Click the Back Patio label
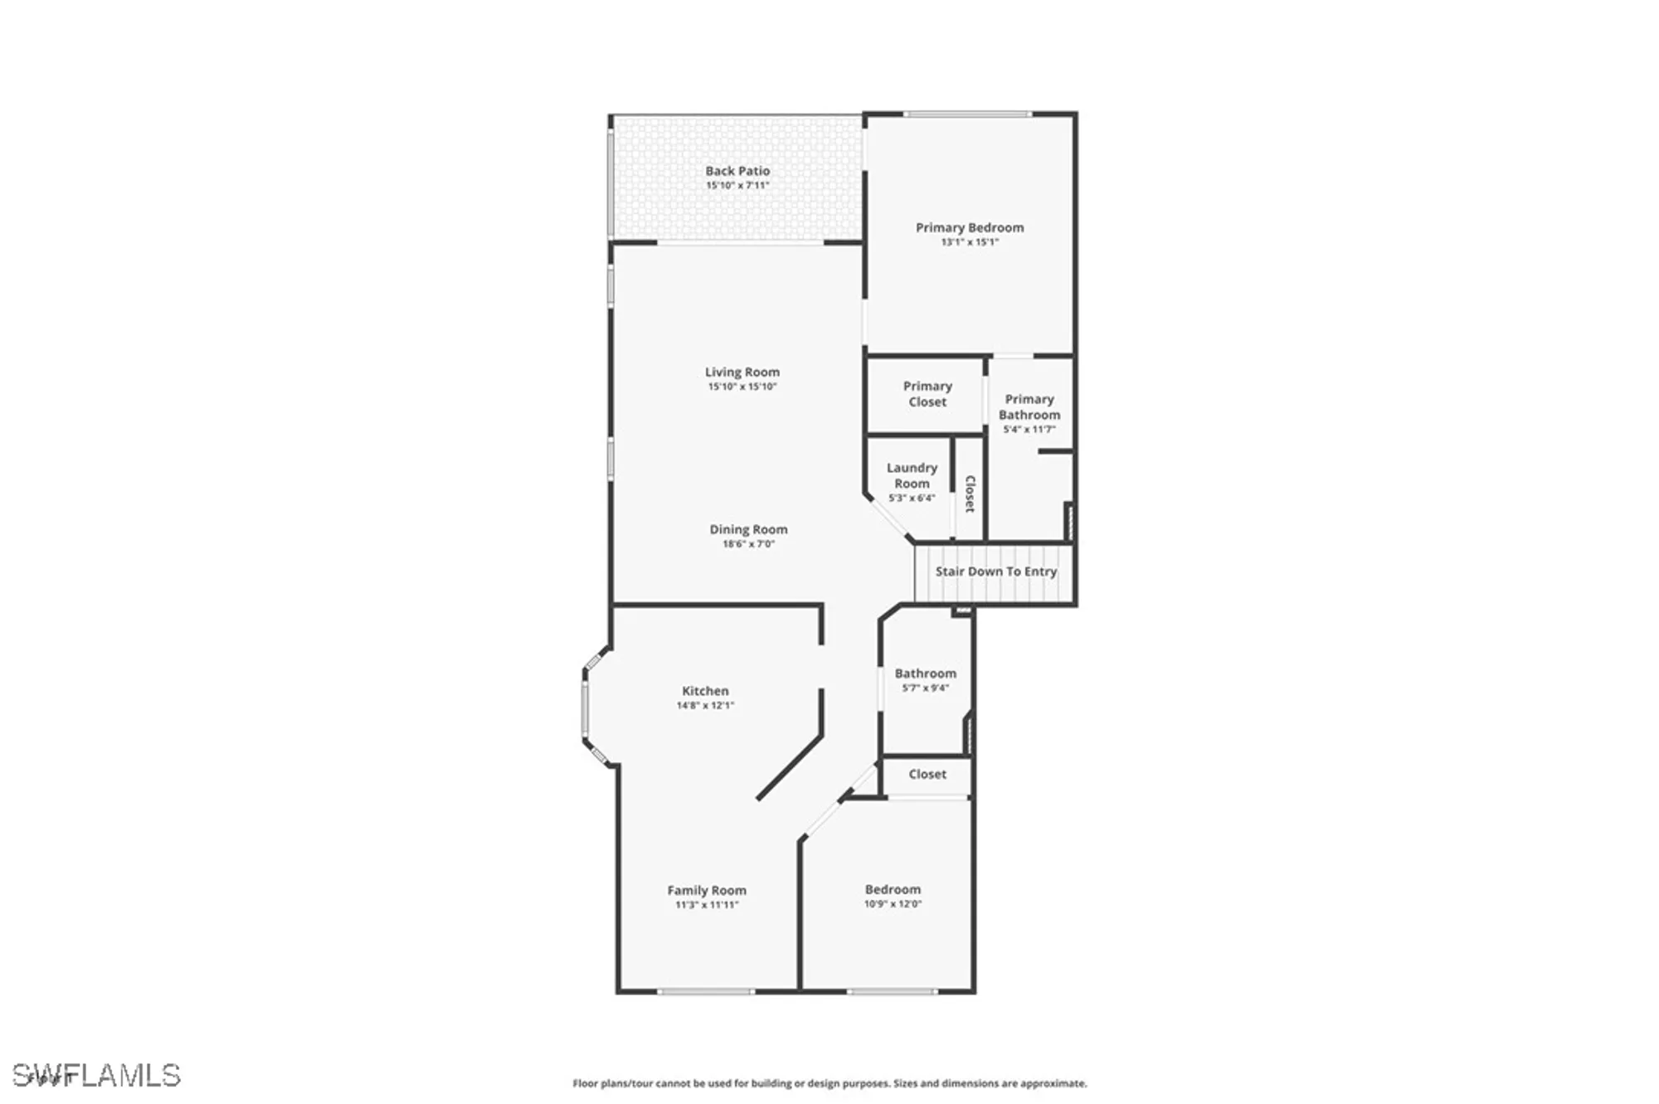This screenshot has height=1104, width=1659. pos(737,171)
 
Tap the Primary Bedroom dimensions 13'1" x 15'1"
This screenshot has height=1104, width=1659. pos(970,242)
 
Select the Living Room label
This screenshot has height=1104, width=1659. pos(742,372)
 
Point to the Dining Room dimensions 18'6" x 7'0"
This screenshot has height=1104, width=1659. pos(748,544)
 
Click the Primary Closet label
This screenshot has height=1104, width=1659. pos(927,394)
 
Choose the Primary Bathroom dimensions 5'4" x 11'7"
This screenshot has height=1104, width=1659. pos(1029,430)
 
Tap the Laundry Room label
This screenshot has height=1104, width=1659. pos(912,475)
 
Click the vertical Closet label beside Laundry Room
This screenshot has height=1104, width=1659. pos(970,494)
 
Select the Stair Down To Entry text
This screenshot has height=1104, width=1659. pos(996,571)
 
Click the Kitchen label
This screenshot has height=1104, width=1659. pos(705,691)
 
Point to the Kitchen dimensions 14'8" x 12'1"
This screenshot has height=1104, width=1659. pos(705,706)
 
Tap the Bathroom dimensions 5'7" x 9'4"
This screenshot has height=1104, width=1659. pos(926,688)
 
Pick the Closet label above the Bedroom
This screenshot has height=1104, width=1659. pos(927,774)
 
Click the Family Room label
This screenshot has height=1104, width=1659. pos(707,890)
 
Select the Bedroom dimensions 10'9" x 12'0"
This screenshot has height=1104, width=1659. pos(893,904)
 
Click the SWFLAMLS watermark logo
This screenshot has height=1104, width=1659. pos(96,1075)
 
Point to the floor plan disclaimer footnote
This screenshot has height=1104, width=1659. pos(829,1083)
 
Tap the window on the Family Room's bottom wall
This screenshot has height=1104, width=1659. pos(706,991)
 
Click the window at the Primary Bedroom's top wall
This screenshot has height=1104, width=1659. pos(967,114)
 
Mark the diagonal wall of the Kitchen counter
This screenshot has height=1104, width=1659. pos(789,767)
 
